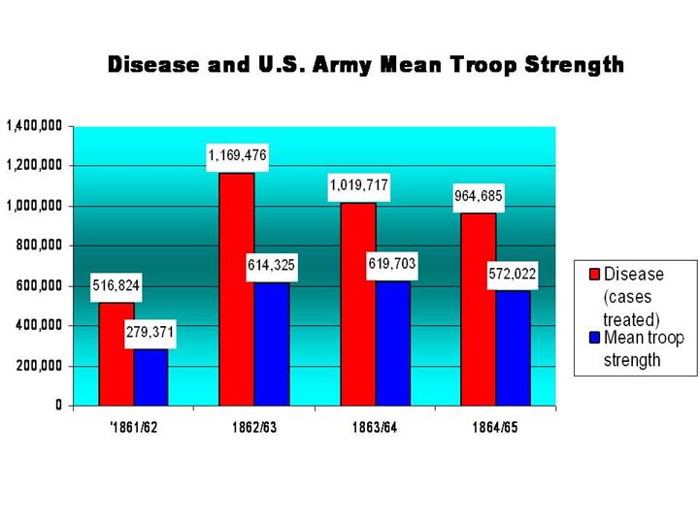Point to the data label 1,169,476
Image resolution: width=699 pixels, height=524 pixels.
(237, 155)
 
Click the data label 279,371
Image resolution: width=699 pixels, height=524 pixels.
(150, 332)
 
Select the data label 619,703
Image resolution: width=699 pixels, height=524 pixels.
(392, 264)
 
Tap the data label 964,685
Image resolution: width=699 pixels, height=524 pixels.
(479, 196)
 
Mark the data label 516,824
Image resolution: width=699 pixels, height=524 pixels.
(116, 286)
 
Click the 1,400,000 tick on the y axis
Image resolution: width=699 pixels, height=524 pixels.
(36, 126)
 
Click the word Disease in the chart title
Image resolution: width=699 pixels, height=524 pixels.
(155, 66)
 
